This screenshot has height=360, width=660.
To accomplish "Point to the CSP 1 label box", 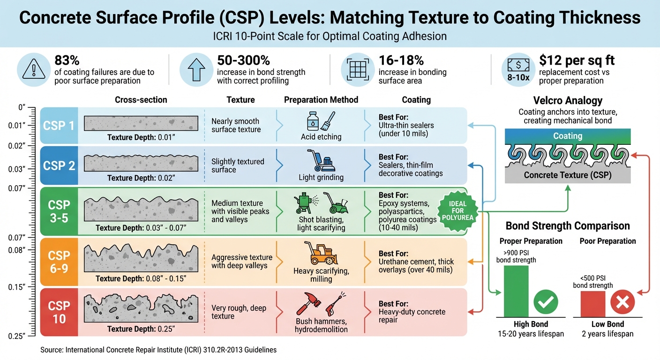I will coord(59,126).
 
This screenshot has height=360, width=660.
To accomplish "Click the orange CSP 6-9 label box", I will coord(59,262).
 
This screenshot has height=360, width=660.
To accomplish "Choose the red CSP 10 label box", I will coord(59,312).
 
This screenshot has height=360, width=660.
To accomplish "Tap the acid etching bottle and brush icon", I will coord(321,121).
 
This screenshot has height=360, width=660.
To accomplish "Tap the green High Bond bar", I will coord(516,291).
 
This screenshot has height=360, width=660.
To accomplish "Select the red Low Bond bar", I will coord(592,304).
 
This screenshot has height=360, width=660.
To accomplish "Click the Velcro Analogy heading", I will coord(568,101).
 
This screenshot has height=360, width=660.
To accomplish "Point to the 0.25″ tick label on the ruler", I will coord(17,336).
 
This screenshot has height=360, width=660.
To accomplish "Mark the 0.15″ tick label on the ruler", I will coord(17,287).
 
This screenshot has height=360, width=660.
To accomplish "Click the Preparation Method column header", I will coord(321,100).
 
